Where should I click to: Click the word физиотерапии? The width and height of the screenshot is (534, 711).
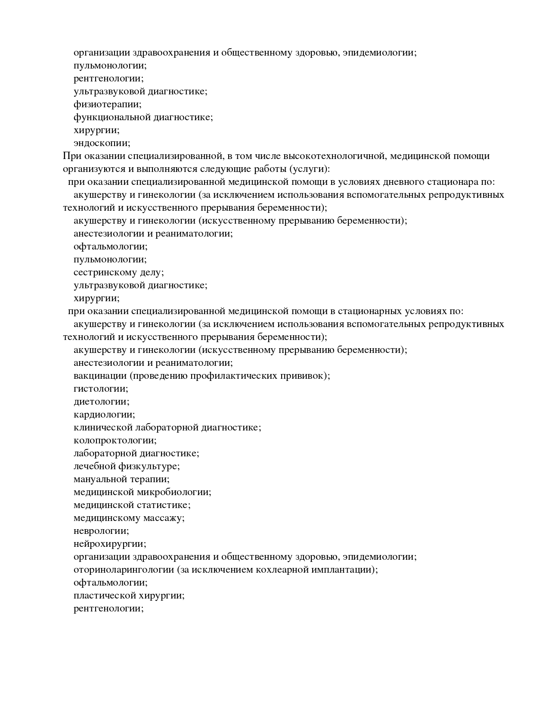107,104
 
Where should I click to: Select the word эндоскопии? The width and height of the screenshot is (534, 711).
102,143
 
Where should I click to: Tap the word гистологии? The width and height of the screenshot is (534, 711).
101,389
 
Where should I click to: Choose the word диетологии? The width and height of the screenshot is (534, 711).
101,402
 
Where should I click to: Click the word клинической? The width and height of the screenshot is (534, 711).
103,427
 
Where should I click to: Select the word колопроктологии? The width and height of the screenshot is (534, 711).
115,440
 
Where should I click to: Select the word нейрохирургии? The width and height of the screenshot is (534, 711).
110,544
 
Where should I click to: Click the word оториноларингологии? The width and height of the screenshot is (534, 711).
124,570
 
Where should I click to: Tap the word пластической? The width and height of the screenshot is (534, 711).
105,596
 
